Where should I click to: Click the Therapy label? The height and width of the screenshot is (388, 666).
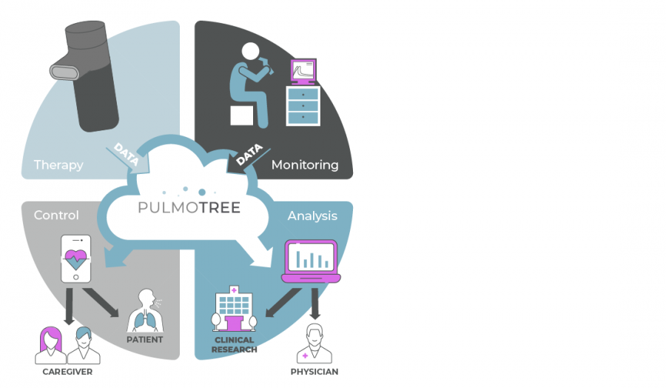pyautogui.click(x=58, y=165)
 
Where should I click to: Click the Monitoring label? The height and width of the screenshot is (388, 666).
pyautogui.click(x=305, y=164)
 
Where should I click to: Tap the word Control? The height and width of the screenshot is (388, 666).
pyautogui.click(x=56, y=215)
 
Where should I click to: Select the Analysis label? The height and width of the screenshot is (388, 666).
pyautogui.click(x=312, y=215)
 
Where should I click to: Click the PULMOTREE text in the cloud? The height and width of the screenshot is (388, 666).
pyautogui.click(x=189, y=208)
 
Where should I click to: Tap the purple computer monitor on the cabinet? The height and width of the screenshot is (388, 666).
pyautogui.click(x=303, y=72)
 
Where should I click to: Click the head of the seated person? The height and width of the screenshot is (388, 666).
pyautogui.click(x=252, y=51)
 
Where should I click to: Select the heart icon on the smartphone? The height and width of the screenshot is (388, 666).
pyautogui.click(x=75, y=260)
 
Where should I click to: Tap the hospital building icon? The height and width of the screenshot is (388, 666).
pyautogui.click(x=234, y=311)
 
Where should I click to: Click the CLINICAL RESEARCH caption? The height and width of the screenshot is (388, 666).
pyautogui.click(x=235, y=345)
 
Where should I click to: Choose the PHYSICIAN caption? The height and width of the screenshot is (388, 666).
pyautogui.click(x=314, y=372)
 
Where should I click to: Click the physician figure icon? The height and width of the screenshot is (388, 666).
pyautogui.click(x=314, y=342)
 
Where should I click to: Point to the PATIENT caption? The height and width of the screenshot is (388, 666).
pyautogui.click(x=145, y=340)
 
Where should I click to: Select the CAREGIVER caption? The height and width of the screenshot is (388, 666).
pyautogui.click(x=67, y=372)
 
